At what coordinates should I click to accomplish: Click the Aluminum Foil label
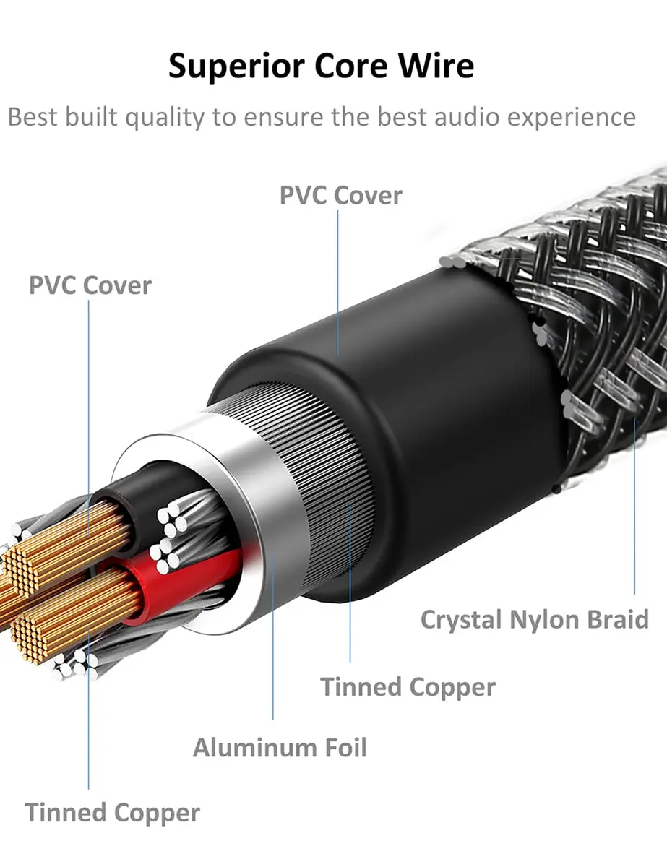[280, 748]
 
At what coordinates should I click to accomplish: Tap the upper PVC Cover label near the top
[341, 196]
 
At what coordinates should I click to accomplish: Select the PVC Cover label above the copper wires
[90, 285]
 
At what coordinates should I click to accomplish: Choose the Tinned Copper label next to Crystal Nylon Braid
[408, 687]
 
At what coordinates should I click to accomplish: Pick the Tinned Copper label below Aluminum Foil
[113, 813]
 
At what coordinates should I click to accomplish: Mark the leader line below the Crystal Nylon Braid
[634, 506]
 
